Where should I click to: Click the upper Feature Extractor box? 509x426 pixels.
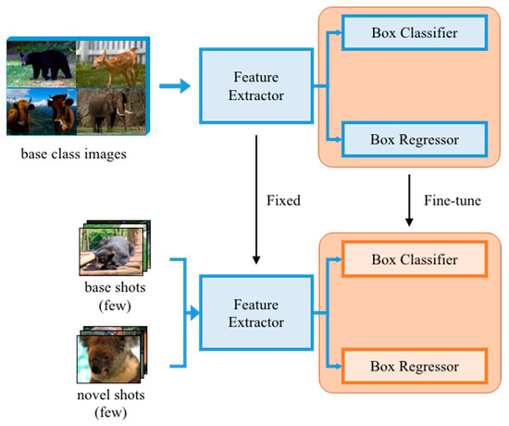[x=247, y=85]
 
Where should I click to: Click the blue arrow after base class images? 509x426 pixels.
[x=173, y=86]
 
